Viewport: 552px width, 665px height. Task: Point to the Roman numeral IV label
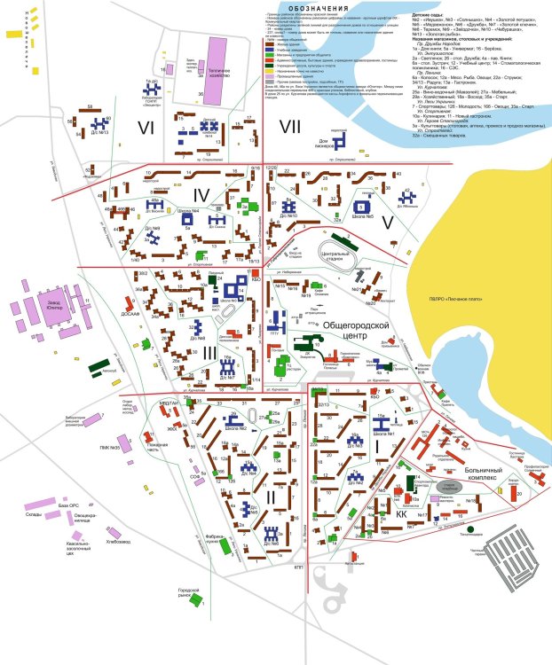click(202, 195)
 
